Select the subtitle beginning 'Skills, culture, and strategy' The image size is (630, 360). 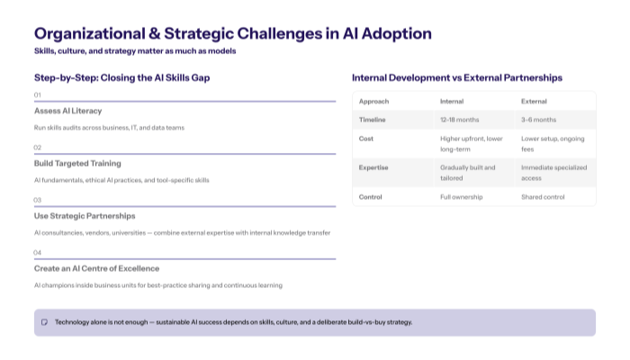click(135, 51)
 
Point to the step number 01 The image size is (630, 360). click(38, 94)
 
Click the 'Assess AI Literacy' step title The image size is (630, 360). click(68, 111)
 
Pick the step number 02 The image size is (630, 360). click(38, 147)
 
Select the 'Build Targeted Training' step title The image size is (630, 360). click(77, 163)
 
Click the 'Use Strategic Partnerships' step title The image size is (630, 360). click(85, 216)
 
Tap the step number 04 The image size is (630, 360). click(38, 252)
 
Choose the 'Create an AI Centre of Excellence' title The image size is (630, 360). click(96, 268)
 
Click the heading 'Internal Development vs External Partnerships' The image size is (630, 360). click(456, 78)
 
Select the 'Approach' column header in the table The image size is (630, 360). click(373, 101)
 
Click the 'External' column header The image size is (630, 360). click(534, 101)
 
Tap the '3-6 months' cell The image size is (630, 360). click(537, 120)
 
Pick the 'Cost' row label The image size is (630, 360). click(366, 139)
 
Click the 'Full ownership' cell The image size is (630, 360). click(461, 196)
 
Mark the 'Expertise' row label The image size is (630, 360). click(373, 167)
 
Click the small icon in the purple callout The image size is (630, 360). click(44, 322)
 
